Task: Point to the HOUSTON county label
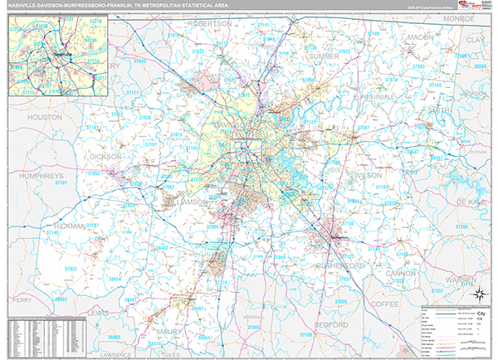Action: click(x=45, y=118)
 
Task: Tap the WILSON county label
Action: click(x=368, y=176)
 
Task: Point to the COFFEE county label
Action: click(x=408, y=304)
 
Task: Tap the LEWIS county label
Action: click(x=99, y=312)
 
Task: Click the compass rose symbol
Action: click(x=479, y=292)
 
